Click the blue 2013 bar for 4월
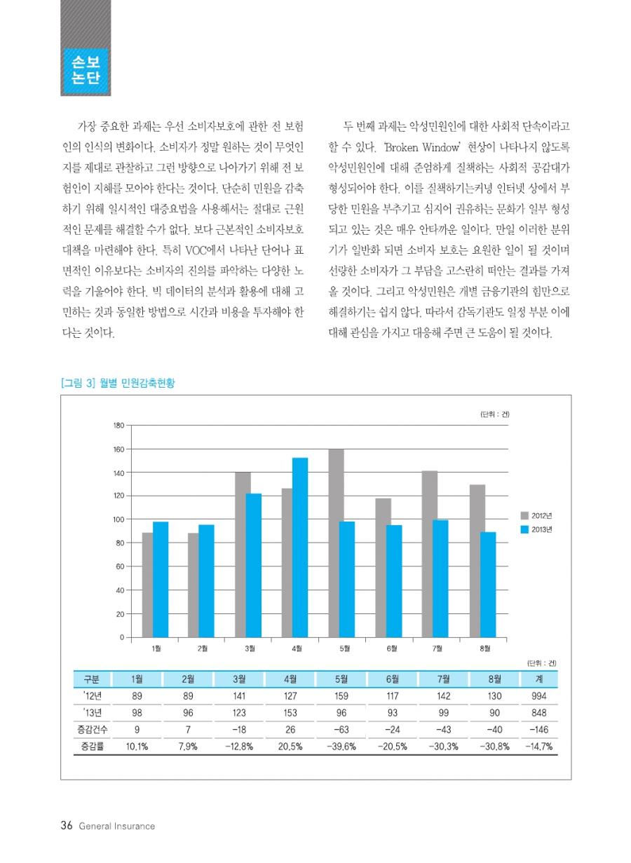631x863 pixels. coord(300,548)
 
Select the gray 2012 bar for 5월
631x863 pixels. coord(336,543)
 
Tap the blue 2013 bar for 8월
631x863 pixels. coord(488,585)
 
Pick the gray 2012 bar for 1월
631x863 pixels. coord(147,585)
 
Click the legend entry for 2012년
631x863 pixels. coord(536,515)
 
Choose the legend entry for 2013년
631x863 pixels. coord(536,530)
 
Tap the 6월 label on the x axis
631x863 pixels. coord(392,648)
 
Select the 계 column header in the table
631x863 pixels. coord(538,679)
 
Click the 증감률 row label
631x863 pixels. coord(92,746)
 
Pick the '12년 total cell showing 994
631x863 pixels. coord(538,695)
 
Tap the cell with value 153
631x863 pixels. coord(290,713)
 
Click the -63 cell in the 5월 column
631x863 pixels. coord(341,730)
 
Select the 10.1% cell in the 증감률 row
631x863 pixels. coord(137,747)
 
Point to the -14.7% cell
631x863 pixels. coord(538,747)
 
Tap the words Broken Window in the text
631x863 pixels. coord(422,147)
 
